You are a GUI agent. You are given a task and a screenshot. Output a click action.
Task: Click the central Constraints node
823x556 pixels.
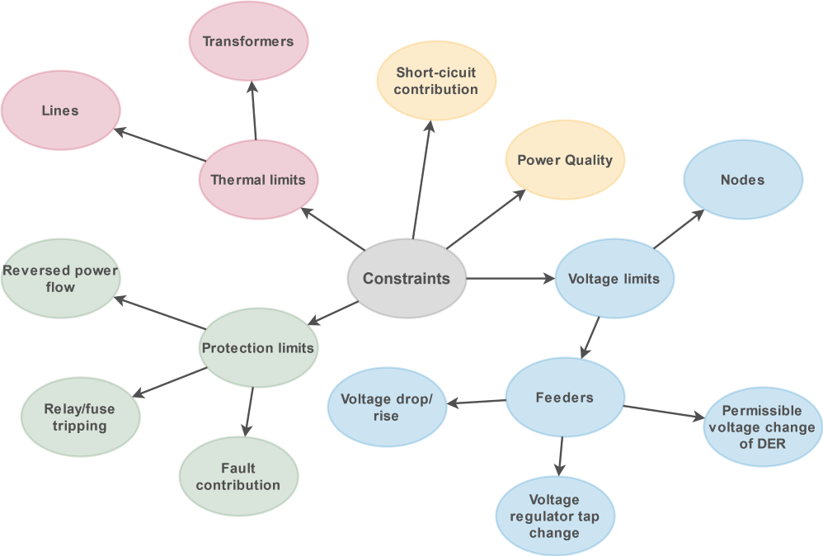pos(407,279)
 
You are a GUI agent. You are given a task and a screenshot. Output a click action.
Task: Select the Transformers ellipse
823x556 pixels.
pos(248,41)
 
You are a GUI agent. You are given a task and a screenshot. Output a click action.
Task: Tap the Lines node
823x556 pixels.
pos(60,111)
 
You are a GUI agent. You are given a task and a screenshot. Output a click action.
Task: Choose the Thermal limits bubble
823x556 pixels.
pos(258,180)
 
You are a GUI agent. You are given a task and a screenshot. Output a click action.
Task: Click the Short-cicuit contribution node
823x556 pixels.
pos(435,81)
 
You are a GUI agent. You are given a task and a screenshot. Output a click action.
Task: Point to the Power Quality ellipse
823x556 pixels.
pos(565,160)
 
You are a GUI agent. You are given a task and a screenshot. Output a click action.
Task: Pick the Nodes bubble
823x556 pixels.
pos(742,180)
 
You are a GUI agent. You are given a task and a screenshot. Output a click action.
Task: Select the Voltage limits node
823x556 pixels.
pos(614,279)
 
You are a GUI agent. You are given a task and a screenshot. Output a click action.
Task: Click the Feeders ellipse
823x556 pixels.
pos(565,398)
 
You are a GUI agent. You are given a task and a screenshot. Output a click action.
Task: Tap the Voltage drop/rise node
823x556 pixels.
pos(387,408)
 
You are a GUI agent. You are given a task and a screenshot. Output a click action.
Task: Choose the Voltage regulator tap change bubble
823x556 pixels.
pos(555,516)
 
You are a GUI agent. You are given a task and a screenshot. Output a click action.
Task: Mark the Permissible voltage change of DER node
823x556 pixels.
pos(762,427)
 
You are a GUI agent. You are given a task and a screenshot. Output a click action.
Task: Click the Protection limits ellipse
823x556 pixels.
pos(258,348)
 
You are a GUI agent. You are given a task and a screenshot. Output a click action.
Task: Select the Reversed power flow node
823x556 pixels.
pos(60,279)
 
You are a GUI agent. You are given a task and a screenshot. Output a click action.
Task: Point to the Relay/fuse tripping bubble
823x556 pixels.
pos(80,417)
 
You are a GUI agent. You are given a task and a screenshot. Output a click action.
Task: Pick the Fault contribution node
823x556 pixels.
pos(238,477)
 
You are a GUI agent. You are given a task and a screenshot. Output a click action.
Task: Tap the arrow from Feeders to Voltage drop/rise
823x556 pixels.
pos(476,402)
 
